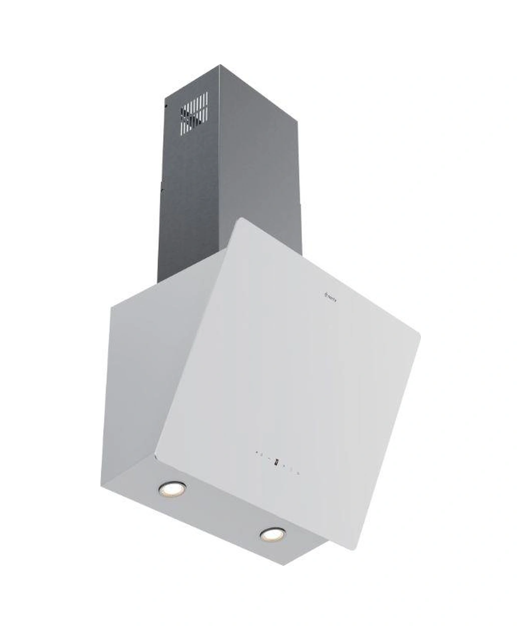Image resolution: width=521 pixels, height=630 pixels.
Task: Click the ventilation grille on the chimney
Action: pyautogui.click(x=194, y=114)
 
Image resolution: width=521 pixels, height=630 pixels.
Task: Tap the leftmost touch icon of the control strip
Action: pyautogui.click(x=256, y=454)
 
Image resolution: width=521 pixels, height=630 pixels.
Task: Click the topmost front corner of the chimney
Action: pyautogui.click(x=219, y=67)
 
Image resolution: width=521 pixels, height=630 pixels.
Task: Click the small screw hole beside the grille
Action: pyautogui.click(x=166, y=106)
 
